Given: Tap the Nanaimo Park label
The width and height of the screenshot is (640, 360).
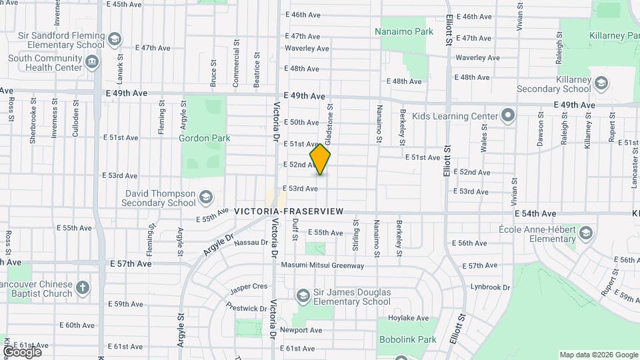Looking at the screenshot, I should (x=404, y=31).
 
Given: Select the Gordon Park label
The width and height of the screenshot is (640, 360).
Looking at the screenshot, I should (x=205, y=138).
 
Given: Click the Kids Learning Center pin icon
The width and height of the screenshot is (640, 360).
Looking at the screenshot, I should (x=508, y=115).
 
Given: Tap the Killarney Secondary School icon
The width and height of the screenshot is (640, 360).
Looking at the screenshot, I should (x=601, y=83).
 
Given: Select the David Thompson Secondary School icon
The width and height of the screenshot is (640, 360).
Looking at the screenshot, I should (x=206, y=197).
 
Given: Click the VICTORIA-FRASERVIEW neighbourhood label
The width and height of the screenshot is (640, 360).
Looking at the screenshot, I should (x=289, y=211).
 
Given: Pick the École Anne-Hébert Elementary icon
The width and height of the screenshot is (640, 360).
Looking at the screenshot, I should (x=586, y=233).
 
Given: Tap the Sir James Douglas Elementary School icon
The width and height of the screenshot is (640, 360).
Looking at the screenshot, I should (x=303, y=295).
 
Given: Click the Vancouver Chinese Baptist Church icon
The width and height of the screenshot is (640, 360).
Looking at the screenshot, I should (x=82, y=288).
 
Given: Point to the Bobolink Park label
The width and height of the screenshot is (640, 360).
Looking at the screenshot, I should (x=407, y=339).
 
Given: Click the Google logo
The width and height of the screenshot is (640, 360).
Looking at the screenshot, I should (x=22, y=351).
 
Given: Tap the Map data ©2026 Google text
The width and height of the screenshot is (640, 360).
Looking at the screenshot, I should (x=598, y=355).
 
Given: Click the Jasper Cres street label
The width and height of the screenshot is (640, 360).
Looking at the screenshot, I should (x=249, y=286).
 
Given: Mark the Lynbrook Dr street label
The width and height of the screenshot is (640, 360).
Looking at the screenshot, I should (x=489, y=287).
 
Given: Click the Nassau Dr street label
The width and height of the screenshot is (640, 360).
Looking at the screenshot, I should (x=251, y=243).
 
